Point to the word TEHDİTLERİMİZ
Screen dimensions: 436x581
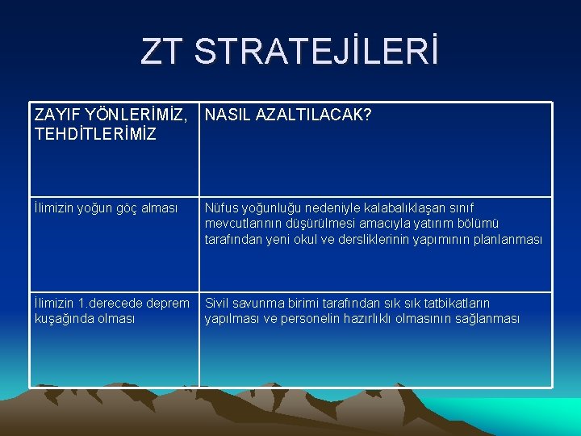tap(95, 134)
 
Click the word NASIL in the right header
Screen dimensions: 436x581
tap(228, 116)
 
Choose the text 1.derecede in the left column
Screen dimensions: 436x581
tap(111, 304)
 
